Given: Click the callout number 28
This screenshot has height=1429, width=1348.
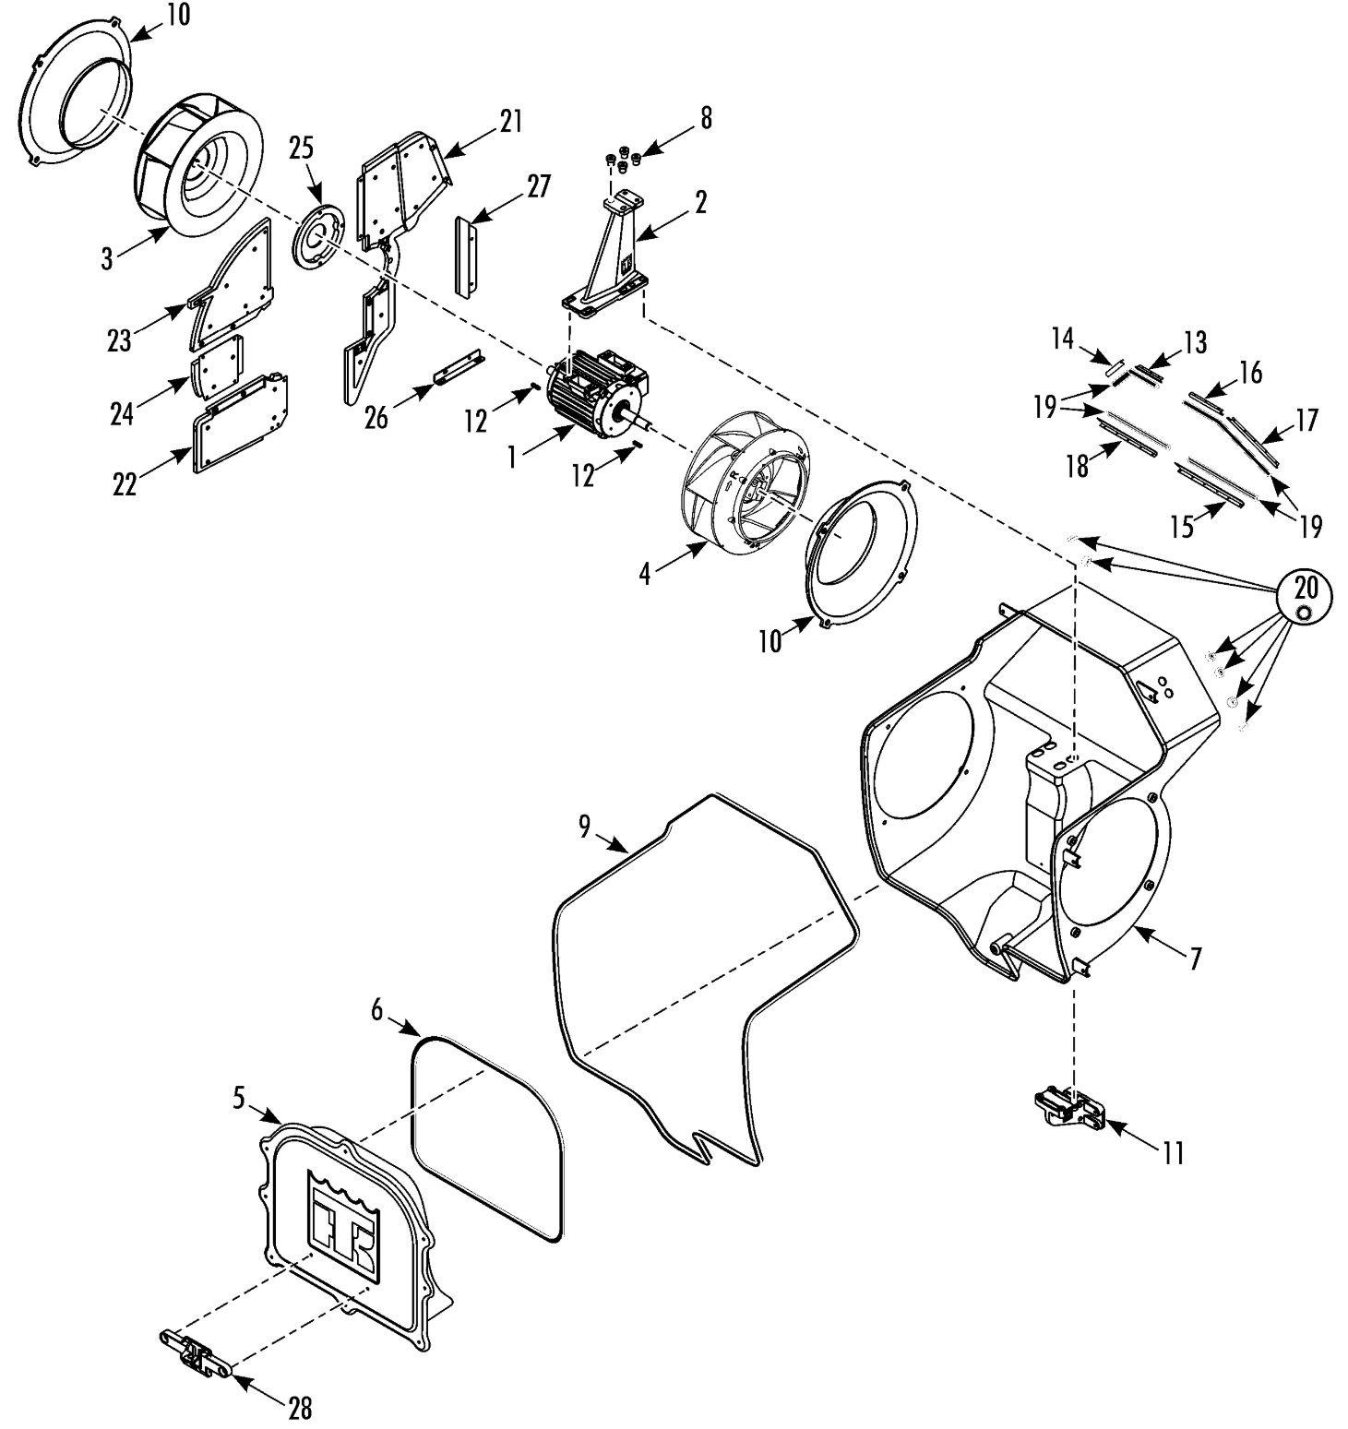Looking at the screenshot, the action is [300, 1408].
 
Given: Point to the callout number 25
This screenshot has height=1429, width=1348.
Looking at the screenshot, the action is [302, 148].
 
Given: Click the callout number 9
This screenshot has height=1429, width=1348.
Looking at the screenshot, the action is [585, 827].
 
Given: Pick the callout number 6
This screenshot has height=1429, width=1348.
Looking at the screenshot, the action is [377, 1009].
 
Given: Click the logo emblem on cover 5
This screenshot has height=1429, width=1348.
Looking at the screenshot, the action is [342, 1224].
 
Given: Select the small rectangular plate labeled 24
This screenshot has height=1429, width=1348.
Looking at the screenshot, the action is [219, 365].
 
